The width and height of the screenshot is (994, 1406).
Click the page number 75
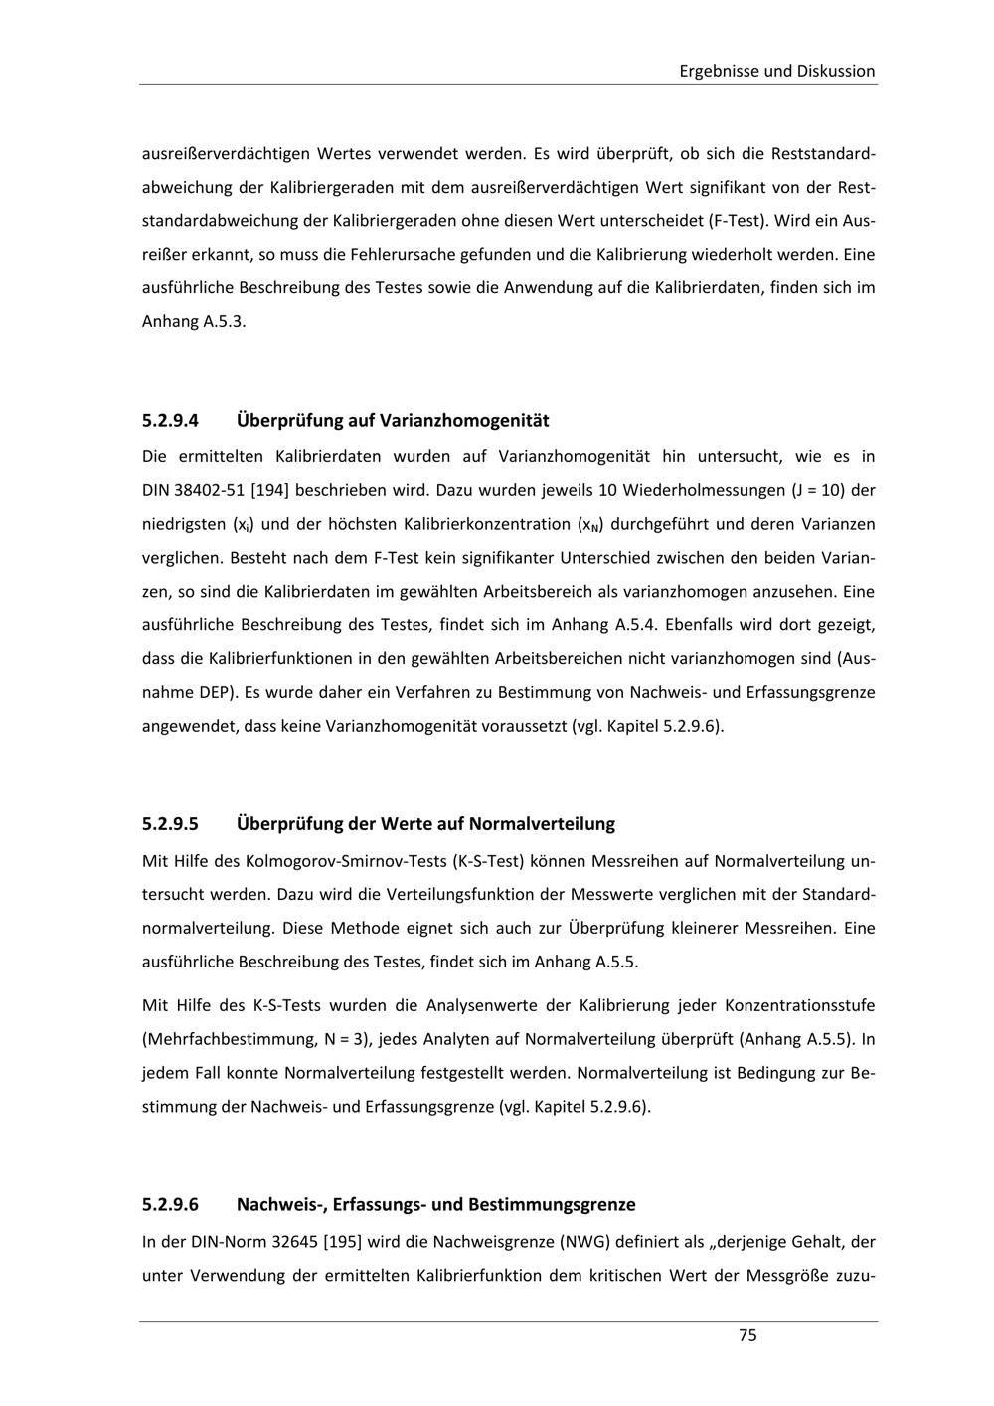tap(747, 1335)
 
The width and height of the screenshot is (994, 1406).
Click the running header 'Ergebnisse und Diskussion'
tap(776, 71)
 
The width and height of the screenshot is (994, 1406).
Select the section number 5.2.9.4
tap(170, 420)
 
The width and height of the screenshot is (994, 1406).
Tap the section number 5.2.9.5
tap(170, 823)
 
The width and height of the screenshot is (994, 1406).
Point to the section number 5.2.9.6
tap(170, 1204)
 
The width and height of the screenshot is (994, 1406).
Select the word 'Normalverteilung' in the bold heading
tap(542, 823)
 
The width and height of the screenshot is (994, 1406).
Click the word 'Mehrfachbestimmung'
tap(229, 1039)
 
